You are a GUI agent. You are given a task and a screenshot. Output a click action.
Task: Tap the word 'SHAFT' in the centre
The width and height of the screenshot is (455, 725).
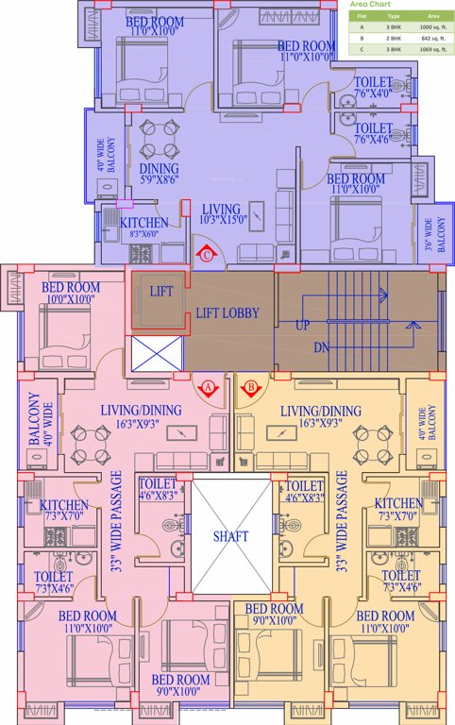coord(231,536)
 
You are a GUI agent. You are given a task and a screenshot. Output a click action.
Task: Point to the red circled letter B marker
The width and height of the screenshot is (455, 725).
coord(251,386)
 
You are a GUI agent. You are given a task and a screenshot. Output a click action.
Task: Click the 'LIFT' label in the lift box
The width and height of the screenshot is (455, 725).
coord(161,292)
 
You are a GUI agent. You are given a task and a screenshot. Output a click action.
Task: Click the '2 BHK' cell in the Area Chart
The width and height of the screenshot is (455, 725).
coord(394,41)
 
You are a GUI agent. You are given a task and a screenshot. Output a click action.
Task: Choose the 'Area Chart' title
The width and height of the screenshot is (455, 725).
coord(370,5)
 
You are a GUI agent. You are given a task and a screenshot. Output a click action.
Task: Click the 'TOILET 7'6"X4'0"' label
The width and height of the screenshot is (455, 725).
coord(373,88)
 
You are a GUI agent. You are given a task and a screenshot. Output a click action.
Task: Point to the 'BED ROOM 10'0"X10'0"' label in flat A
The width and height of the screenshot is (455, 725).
coord(72,294)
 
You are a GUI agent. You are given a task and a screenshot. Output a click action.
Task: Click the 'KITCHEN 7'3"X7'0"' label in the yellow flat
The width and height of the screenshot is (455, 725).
coord(398,510)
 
